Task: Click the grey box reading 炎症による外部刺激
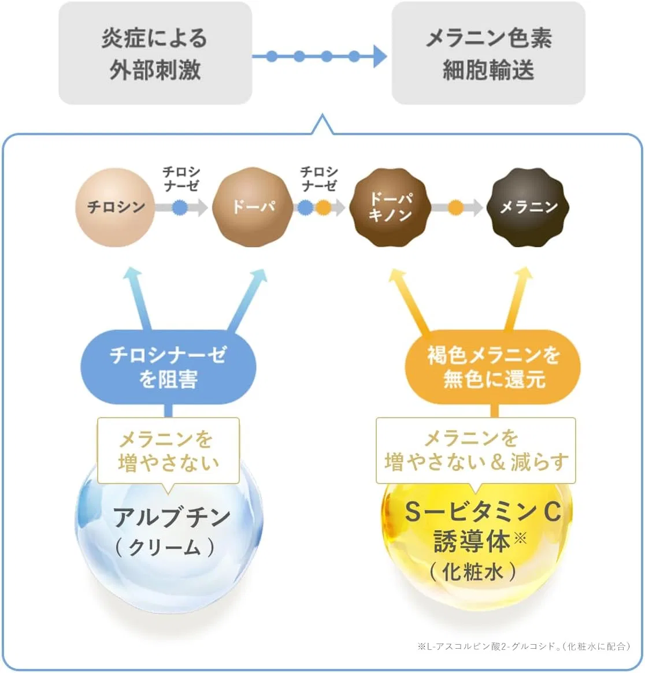[x=155, y=53]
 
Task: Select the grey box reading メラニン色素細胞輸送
[x=488, y=53]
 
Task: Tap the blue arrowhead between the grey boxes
[x=380, y=56]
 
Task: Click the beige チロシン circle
[x=115, y=207]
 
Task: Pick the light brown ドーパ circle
[x=253, y=207]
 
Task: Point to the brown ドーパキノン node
[x=390, y=207]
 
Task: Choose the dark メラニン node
[x=528, y=207]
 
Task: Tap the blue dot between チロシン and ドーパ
[x=180, y=208]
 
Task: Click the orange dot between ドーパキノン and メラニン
[x=455, y=208]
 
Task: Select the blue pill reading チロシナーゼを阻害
[x=168, y=367]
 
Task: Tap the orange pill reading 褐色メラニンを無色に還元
[x=492, y=367]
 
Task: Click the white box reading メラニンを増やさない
[x=168, y=451]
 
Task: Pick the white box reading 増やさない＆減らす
[x=476, y=451]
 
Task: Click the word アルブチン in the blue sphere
[x=172, y=517]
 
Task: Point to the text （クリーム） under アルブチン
[x=165, y=548]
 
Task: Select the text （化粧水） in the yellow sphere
[x=473, y=572]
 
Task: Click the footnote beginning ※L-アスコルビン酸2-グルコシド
[x=524, y=646]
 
